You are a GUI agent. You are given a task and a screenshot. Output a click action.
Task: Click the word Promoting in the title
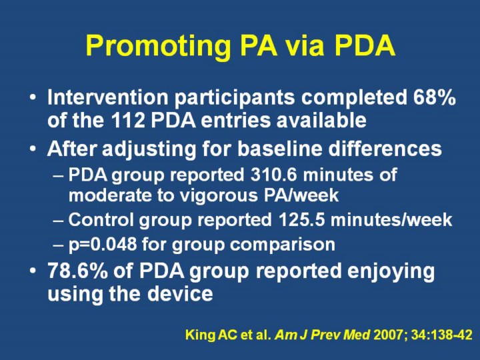[x=158, y=47]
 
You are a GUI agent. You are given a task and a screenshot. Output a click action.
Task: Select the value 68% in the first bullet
[x=435, y=97]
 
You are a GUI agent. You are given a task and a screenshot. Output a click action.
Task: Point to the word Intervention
[x=108, y=97]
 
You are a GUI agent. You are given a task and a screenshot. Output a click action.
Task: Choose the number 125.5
[x=301, y=219]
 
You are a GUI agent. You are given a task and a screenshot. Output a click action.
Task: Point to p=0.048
[x=103, y=245]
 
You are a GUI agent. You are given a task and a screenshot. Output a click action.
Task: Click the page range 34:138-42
[x=442, y=335]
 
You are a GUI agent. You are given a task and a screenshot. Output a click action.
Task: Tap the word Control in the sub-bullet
[x=101, y=219]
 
